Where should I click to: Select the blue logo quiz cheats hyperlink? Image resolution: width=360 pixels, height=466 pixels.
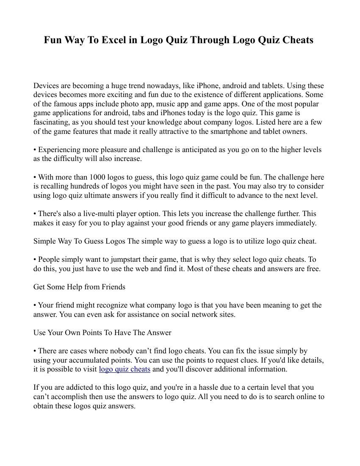click(125, 369)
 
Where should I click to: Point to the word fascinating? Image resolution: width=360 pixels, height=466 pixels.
click(53, 122)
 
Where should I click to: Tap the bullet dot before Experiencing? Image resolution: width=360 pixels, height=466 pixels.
click(35, 150)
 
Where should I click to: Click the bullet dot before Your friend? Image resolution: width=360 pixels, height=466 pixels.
click(35, 305)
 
